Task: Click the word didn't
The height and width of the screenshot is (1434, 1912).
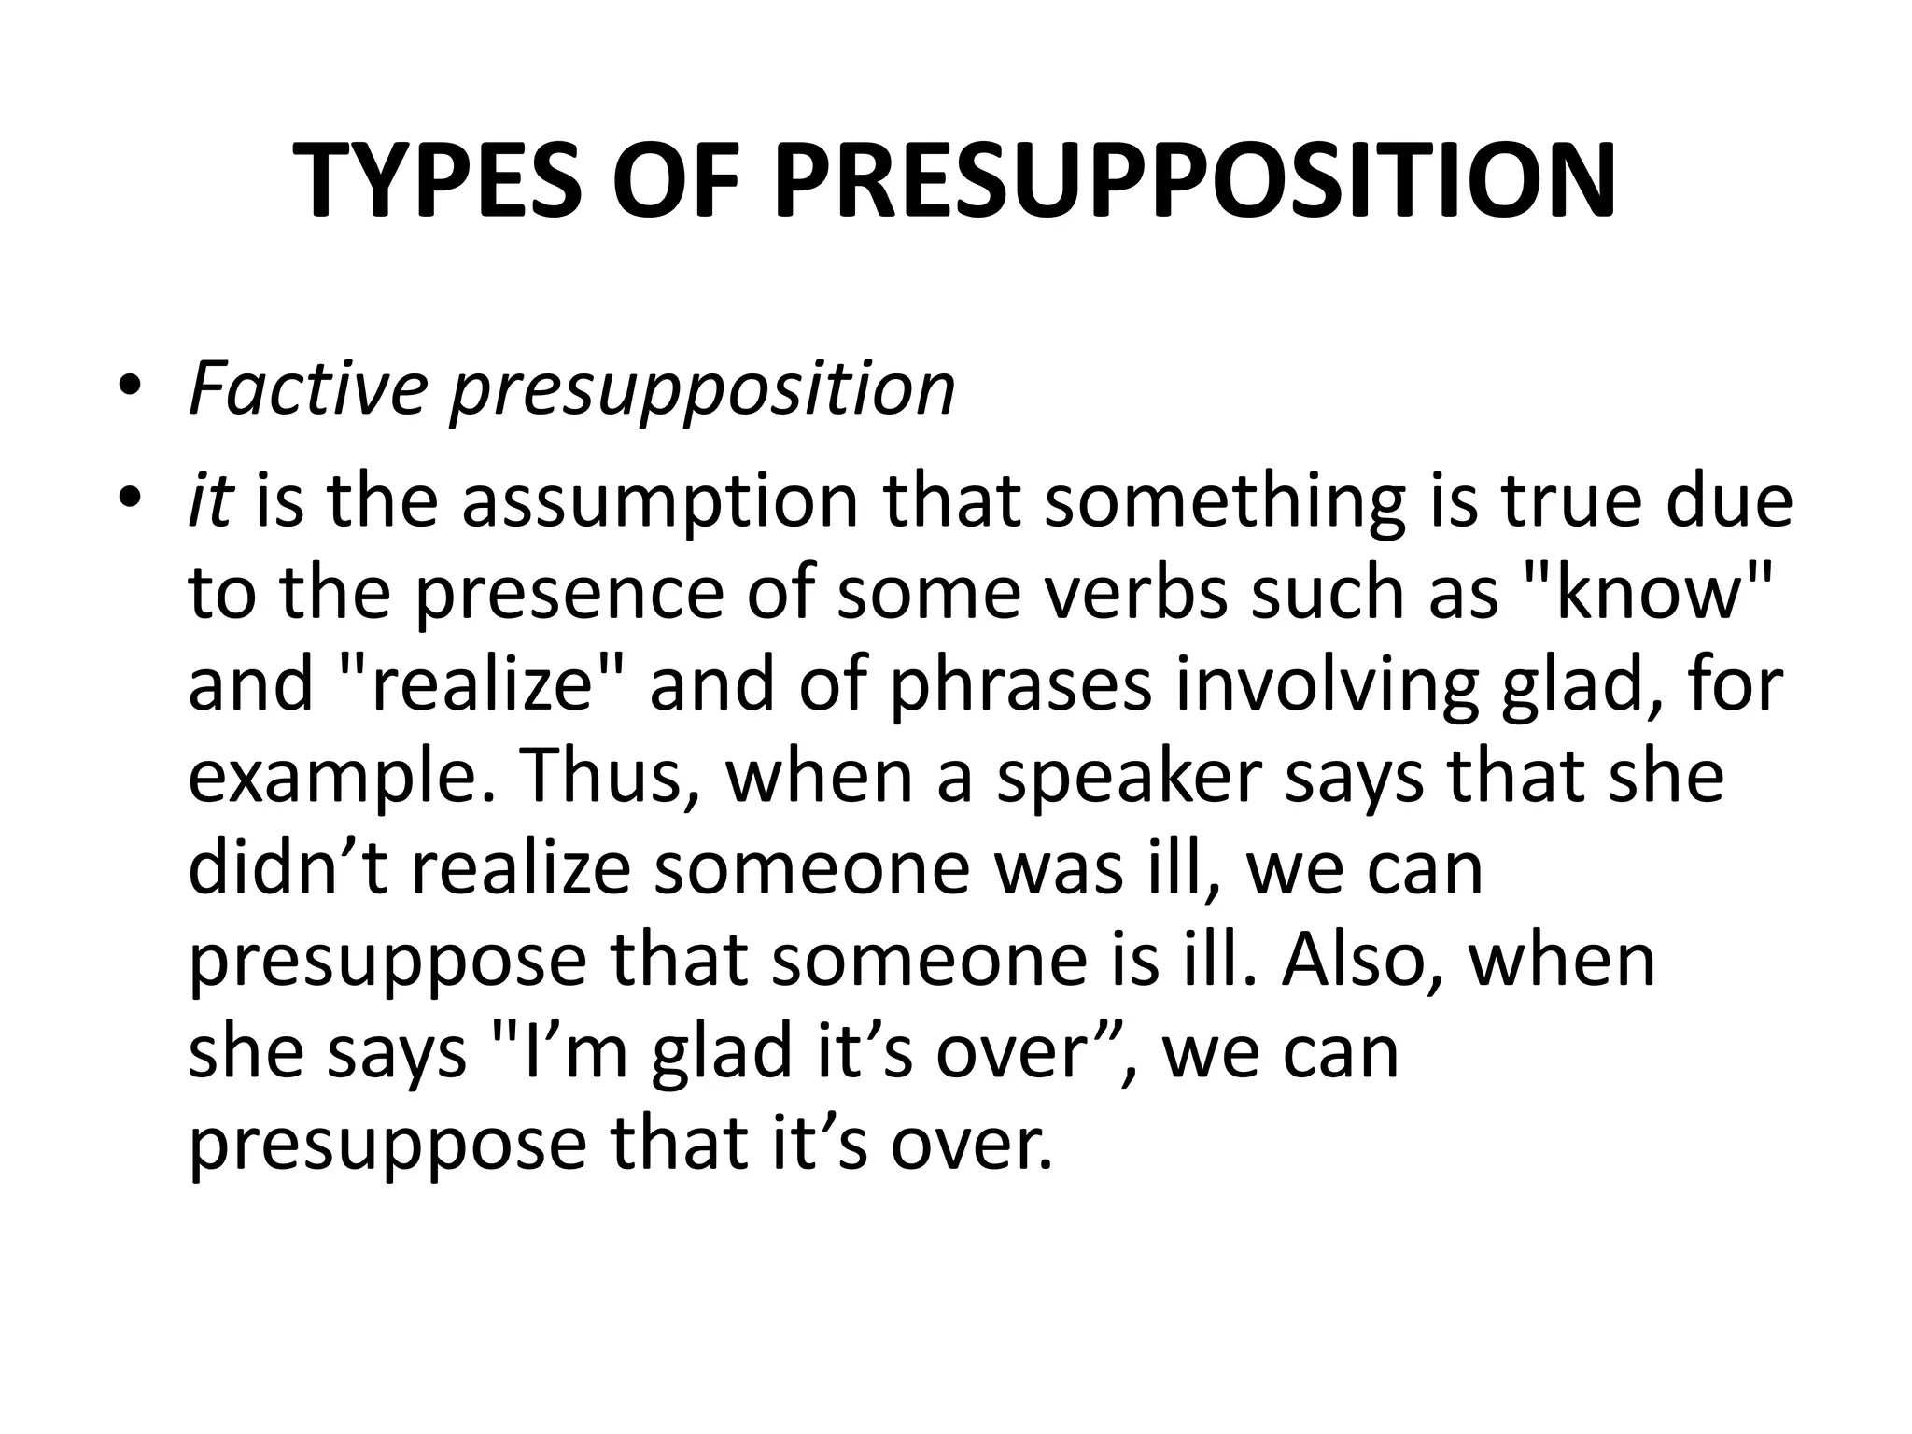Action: pyautogui.click(x=288, y=867)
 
